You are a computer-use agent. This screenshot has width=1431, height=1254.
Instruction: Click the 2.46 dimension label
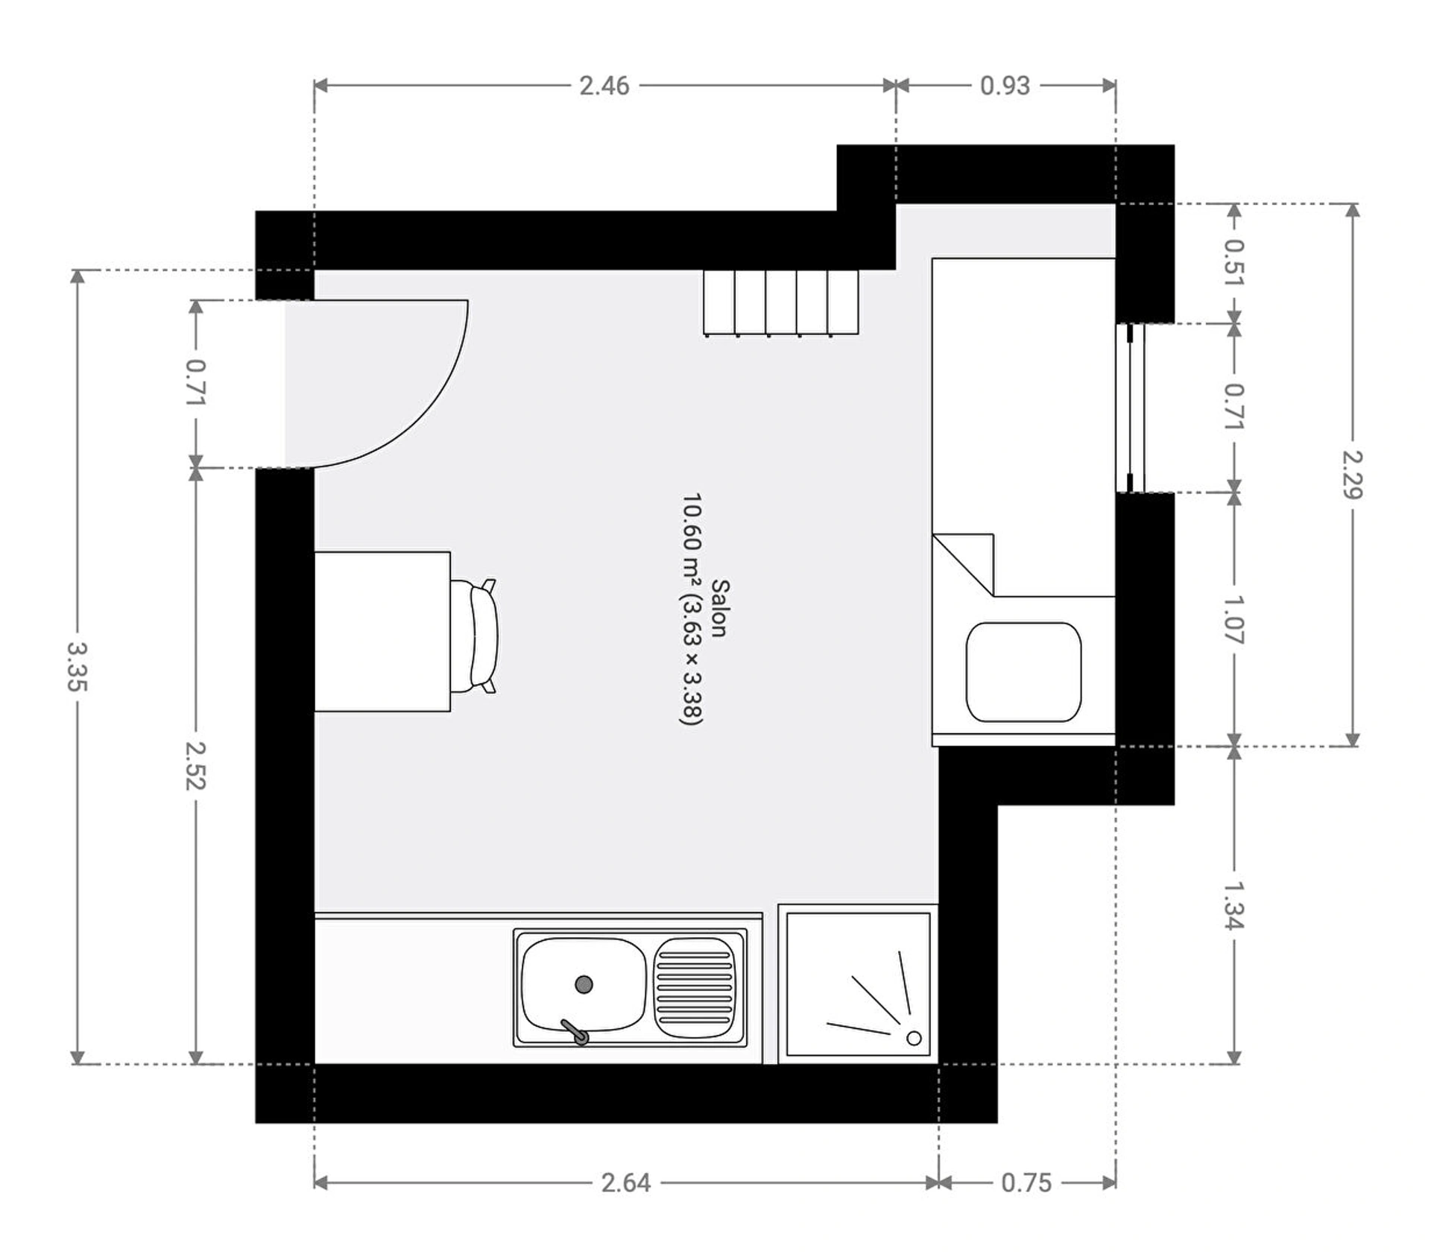pos(604,86)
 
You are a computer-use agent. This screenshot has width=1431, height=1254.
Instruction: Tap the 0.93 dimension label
pos(1005,86)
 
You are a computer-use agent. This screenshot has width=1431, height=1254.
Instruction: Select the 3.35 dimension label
pos(78,666)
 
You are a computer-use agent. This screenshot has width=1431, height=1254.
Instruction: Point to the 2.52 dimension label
pos(196,765)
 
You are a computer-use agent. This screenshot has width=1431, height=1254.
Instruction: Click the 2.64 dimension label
pos(626,1182)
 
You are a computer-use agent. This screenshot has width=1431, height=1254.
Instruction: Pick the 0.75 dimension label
pos(1026,1182)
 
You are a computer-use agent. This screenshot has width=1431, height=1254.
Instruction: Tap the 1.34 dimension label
pos(1234,905)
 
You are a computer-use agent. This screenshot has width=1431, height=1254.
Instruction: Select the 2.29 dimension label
pos(1352,475)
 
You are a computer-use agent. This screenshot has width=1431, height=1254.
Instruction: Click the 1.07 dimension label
pos(1234,619)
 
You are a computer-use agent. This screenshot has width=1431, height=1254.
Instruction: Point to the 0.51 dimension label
pos(1234,263)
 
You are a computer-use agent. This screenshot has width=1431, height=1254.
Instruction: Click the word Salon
pos(719,608)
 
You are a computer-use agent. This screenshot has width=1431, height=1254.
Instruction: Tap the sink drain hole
pos(584,984)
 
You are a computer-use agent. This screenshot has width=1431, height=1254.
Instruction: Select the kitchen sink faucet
pos(575,1032)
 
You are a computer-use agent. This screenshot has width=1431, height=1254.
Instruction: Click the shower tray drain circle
pos(914,1038)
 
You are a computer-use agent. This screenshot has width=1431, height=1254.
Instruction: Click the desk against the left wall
pos(382,631)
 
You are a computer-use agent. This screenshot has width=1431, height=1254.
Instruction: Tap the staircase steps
pos(780,303)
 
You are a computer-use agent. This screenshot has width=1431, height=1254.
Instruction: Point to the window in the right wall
pos(1131,408)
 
